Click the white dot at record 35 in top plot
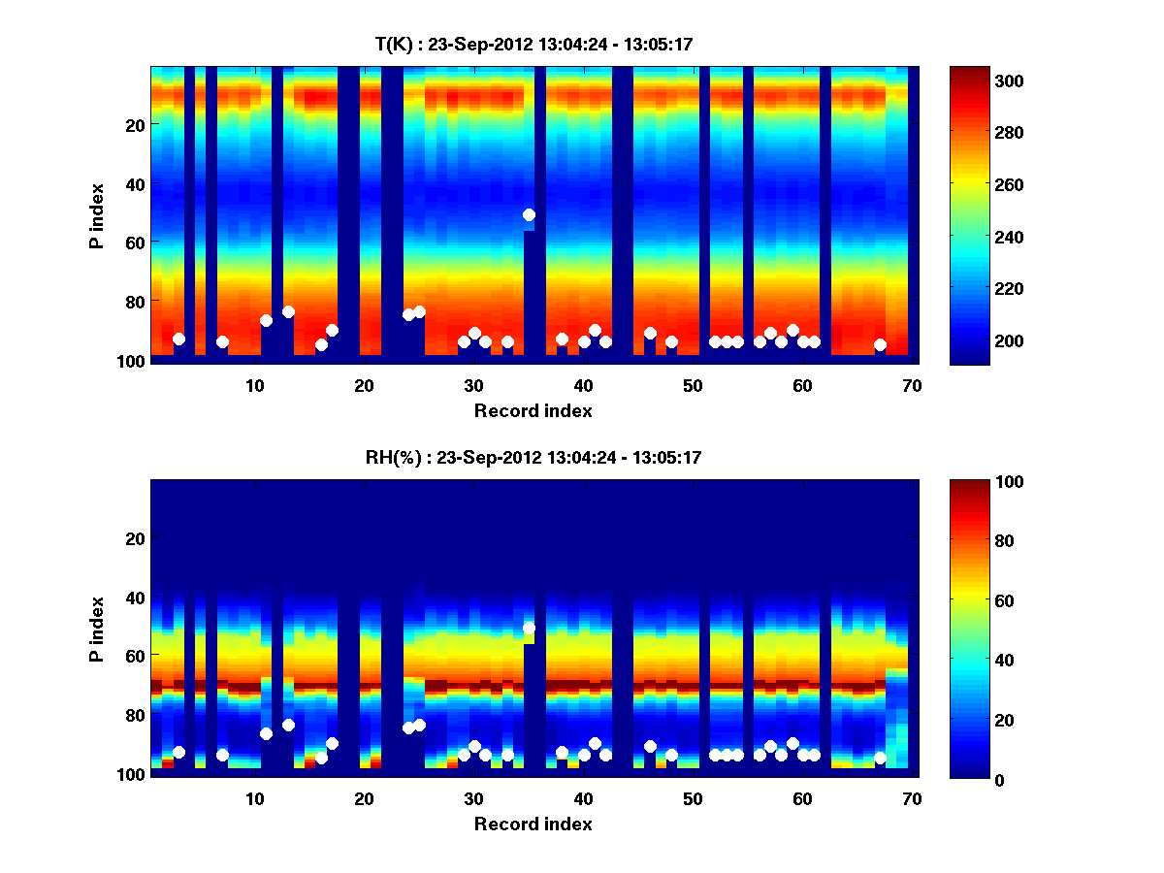coord(529,214)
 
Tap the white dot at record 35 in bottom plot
coord(529,629)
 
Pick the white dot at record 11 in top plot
coord(266,320)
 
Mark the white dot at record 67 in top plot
coord(880,344)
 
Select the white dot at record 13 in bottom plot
coord(288,725)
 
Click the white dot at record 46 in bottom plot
coord(650,746)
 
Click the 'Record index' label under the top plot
coord(533,410)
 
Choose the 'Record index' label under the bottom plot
coord(533,824)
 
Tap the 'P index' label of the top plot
coord(97,214)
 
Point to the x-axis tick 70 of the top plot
coord(911,385)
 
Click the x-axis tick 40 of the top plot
coord(583,385)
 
